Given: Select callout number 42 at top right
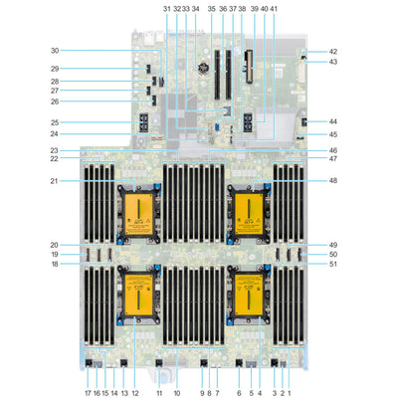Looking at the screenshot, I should (x=333, y=51).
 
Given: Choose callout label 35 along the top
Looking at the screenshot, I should (x=211, y=8).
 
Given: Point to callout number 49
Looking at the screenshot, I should (x=333, y=245).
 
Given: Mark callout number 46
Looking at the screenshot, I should (x=333, y=149).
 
